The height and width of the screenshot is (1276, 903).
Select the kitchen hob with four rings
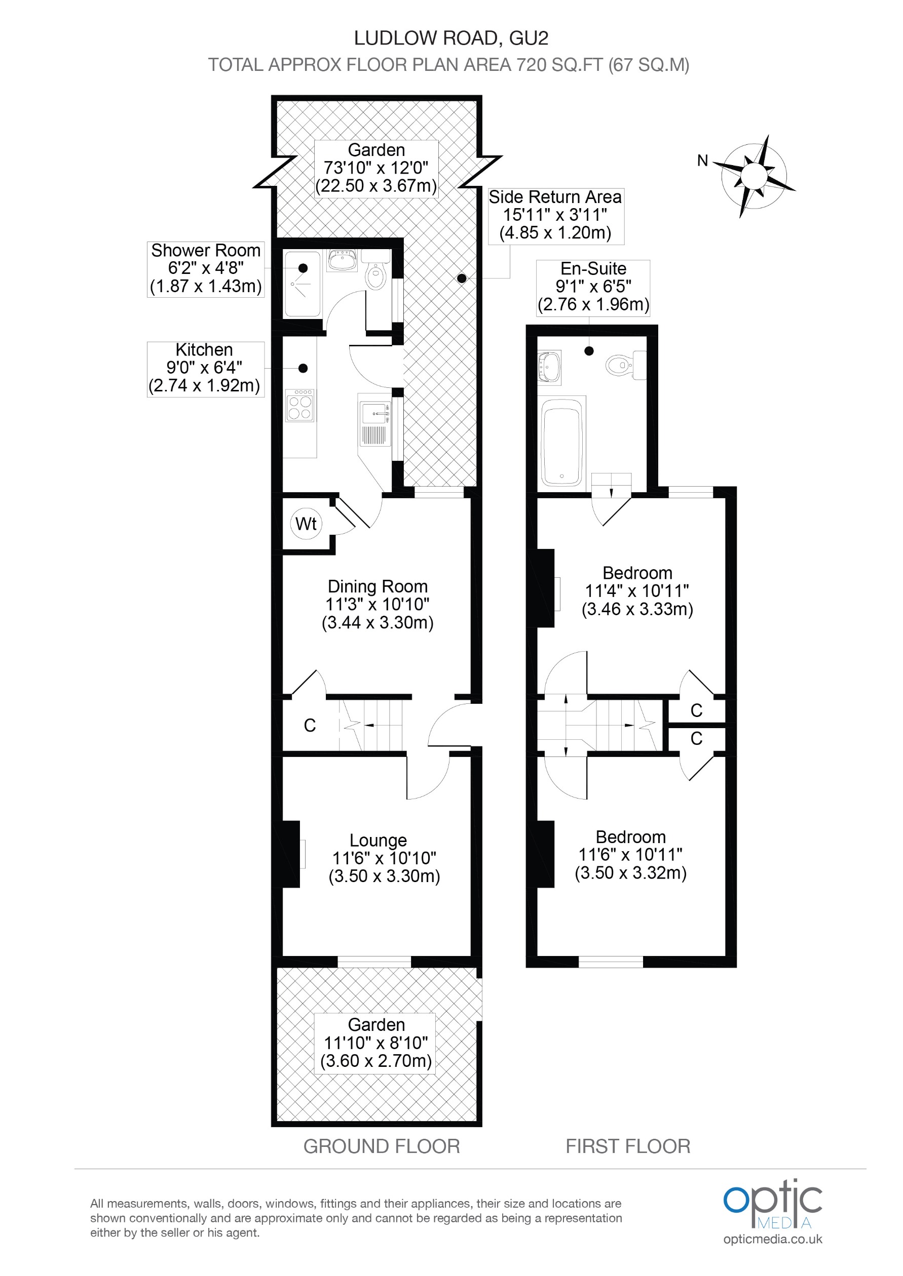(x=300, y=406)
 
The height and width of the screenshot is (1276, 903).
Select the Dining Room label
(x=378, y=587)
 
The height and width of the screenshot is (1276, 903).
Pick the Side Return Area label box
(x=555, y=216)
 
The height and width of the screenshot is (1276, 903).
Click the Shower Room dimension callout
(x=206, y=269)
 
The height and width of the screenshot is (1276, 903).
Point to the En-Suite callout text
(x=593, y=287)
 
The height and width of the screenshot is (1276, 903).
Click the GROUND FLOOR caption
(x=382, y=1146)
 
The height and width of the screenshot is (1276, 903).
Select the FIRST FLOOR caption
(x=628, y=1146)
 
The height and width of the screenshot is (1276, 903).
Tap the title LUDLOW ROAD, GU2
(x=451, y=38)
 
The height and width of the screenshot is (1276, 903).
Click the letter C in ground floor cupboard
(x=310, y=725)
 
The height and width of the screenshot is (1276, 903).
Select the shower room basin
(x=343, y=261)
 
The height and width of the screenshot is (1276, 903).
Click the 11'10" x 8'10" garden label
(x=377, y=1043)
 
